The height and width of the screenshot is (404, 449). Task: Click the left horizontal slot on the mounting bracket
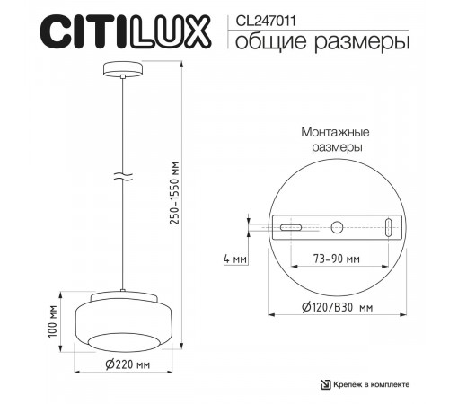(x=290, y=229)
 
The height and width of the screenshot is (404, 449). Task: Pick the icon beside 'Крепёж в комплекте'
(x=326, y=384)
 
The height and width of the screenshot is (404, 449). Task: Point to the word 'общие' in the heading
(x=269, y=41)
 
